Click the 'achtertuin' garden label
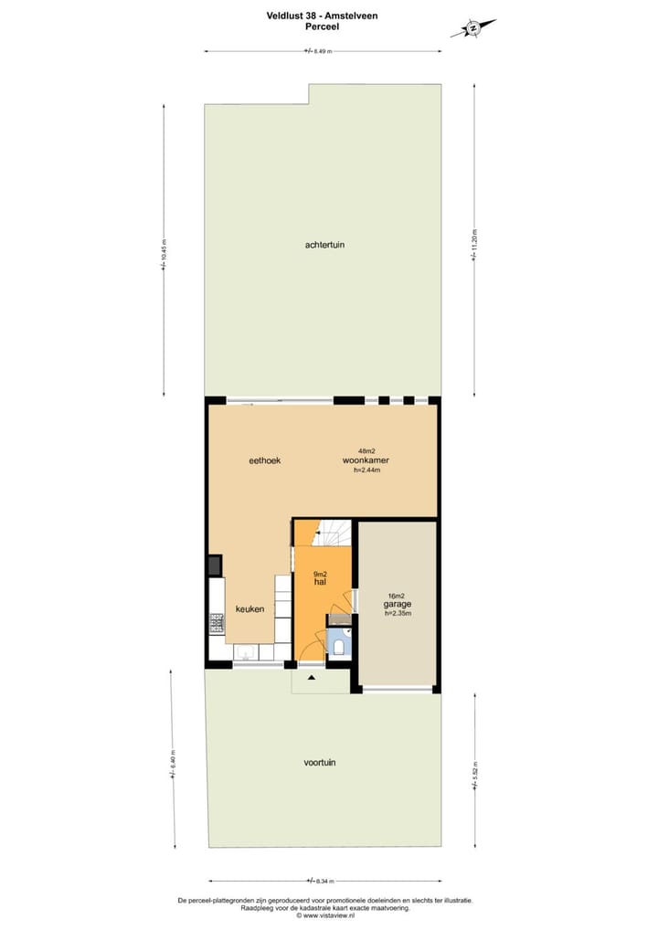pyautogui.click(x=325, y=245)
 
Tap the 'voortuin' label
pyautogui.click(x=320, y=762)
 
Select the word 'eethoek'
pyautogui.click(x=265, y=460)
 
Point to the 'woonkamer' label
pyautogui.click(x=366, y=460)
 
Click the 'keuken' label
pyautogui.click(x=249, y=608)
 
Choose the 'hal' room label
pyautogui.click(x=320, y=582)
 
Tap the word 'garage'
pyautogui.click(x=397, y=604)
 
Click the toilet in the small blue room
pyautogui.click(x=339, y=648)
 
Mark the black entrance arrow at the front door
pyautogui.click(x=312, y=678)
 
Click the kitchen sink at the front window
pyautogui.click(x=246, y=652)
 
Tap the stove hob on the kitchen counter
pyautogui.click(x=217, y=624)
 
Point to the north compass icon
pyautogui.click(x=474, y=28)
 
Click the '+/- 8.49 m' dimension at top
pyautogui.click(x=320, y=51)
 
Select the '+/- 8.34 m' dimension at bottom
pyautogui.click(x=320, y=881)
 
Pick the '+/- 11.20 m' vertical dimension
pyautogui.click(x=473, y=245)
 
